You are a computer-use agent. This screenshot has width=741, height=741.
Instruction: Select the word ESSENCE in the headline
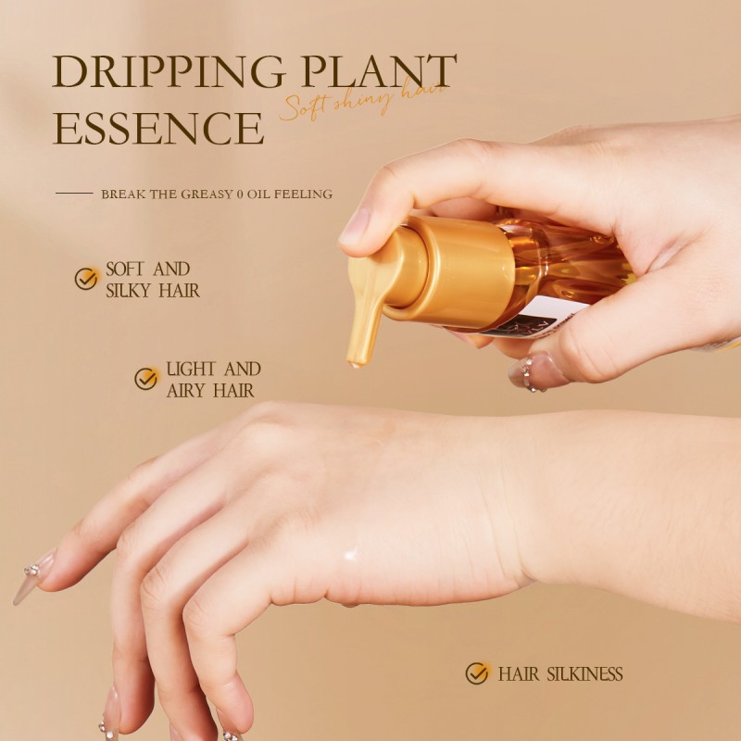pos(158,129)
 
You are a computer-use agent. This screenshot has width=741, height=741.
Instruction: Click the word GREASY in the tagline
pos(208,195)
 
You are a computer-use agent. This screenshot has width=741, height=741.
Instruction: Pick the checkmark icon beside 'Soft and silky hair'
pos(87,279)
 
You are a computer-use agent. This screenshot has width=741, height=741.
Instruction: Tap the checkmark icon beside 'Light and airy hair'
pos(146,379)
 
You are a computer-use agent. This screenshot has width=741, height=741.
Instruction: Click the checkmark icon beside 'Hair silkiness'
pos(477,673)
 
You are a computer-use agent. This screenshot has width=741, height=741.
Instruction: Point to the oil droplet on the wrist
pos(350,555)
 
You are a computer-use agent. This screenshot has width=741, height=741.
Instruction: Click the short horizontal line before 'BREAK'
pos(74,195)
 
